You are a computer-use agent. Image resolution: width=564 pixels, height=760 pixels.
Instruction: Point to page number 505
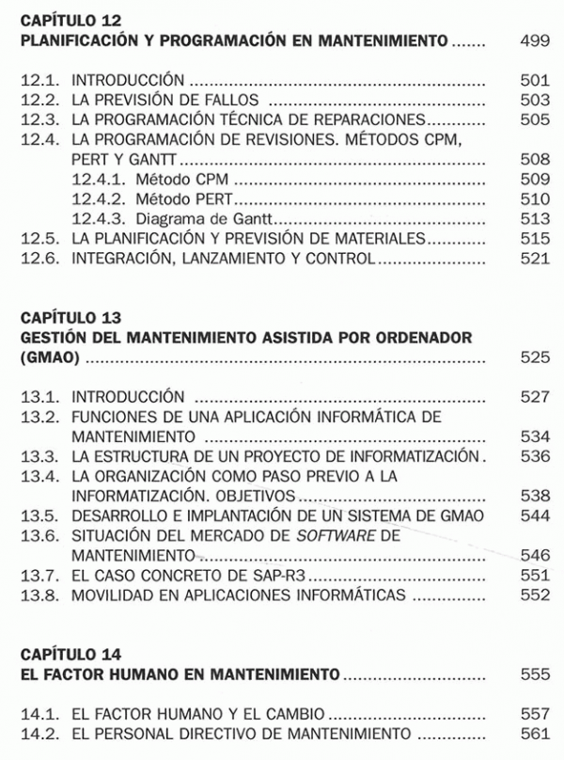(x=534, y=119)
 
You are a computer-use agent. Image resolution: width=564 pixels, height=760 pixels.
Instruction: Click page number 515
(x=534, y=238)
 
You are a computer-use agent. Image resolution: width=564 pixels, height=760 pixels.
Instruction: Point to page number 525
(x=534, y=358)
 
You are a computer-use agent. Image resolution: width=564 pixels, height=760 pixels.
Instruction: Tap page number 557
(x=534, y=714)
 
